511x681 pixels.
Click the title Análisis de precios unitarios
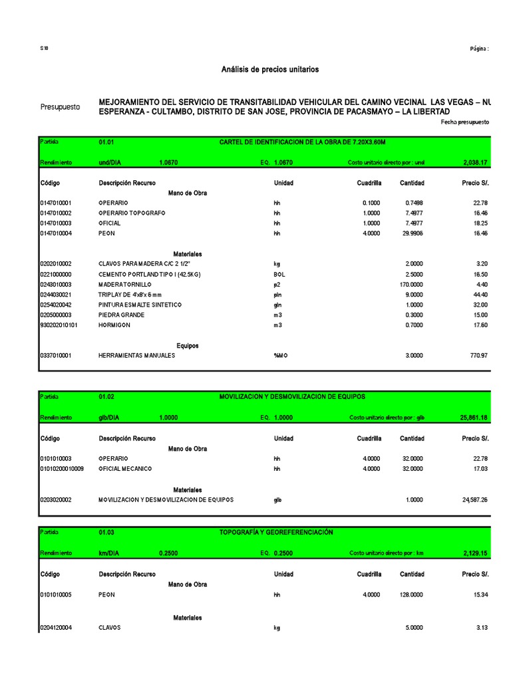[270, 70]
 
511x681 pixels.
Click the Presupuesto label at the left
[60, 106]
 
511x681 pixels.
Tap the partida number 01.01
[106, 142]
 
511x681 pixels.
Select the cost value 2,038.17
[474, 162]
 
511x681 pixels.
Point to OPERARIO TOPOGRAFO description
[132, 213]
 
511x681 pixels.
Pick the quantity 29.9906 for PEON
[411, 233]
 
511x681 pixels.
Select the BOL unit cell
[279, 274]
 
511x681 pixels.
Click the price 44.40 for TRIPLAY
[479, 295]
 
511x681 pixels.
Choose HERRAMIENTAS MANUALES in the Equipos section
[137, 356]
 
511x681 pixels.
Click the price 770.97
[478, 356]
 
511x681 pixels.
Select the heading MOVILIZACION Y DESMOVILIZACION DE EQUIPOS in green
[292, 396]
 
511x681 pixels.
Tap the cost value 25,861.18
[474, 418]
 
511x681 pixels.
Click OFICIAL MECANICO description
[125, 469]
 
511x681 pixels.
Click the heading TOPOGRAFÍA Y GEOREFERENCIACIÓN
[276, 532]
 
